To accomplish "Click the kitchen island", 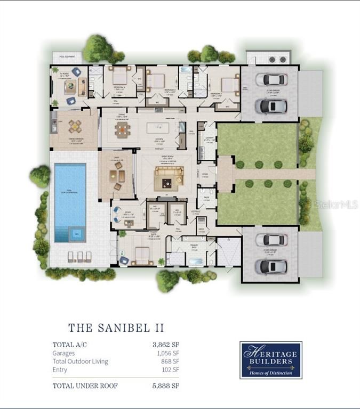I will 161,128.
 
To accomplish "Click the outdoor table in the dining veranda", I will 75,127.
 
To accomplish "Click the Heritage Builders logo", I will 270,360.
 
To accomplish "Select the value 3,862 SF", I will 166,344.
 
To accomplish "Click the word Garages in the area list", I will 64,353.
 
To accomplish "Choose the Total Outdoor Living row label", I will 80,361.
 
